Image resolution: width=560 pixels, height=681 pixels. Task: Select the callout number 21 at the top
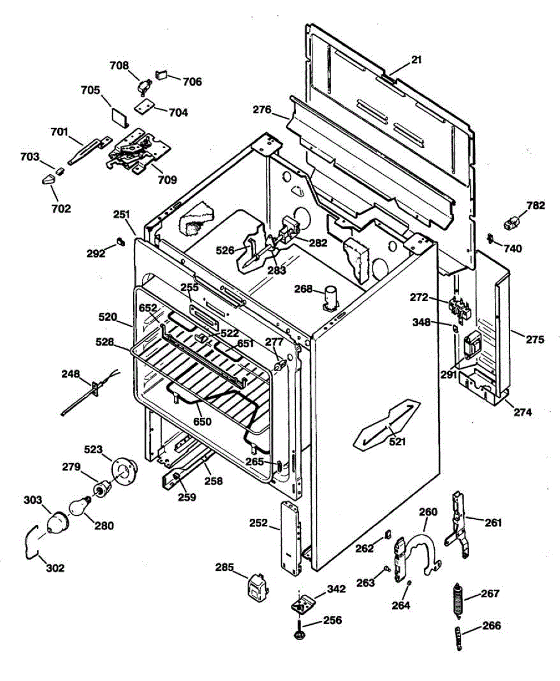417,60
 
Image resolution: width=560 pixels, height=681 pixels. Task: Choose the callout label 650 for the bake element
202,422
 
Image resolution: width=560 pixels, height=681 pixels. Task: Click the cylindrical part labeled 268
330,297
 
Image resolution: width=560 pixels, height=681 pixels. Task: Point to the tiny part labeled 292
120,242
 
